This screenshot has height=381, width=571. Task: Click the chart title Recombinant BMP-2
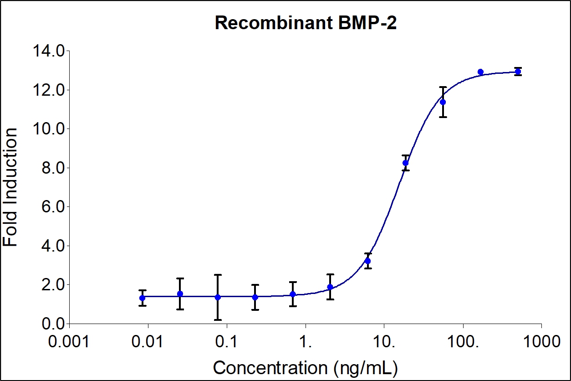(306, 23)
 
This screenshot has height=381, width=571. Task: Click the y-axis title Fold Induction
(11, 187)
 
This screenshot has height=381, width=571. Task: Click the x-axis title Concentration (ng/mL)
(305, 367)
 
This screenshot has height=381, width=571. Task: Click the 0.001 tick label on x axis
(69, 341)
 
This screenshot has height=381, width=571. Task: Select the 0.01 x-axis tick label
(148, 341)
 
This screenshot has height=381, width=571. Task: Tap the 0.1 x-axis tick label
(226, 341)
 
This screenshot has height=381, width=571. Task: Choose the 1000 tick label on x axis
(541, 341)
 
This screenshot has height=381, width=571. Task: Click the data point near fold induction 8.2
(406, 163)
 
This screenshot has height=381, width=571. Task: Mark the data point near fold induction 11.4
(443, 102)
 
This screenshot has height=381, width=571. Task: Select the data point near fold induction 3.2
(368, 261)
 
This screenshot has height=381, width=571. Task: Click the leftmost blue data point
(143, 298)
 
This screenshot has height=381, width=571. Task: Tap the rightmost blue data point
(518, 72)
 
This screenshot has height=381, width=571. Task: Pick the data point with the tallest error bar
(218, 297)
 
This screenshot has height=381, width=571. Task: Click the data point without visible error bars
(480, 72)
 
